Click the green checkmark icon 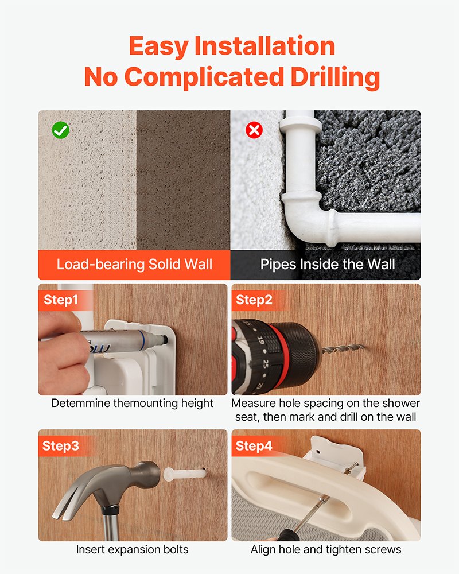tap(60, 130)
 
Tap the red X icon tap(254, 130)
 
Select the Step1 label tap(61, 300)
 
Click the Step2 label tap(254, 300)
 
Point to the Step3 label tap(61, 446)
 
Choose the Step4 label tap(254, 446)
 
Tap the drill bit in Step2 tap(343, 349)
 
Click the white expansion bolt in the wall tap(184, 474)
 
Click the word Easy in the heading tap(158, 47)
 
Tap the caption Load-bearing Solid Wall tap(134, 264)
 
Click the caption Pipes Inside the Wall tap(328, 264)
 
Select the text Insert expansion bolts tap(132, 549)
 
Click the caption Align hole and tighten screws tap(326, 549)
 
